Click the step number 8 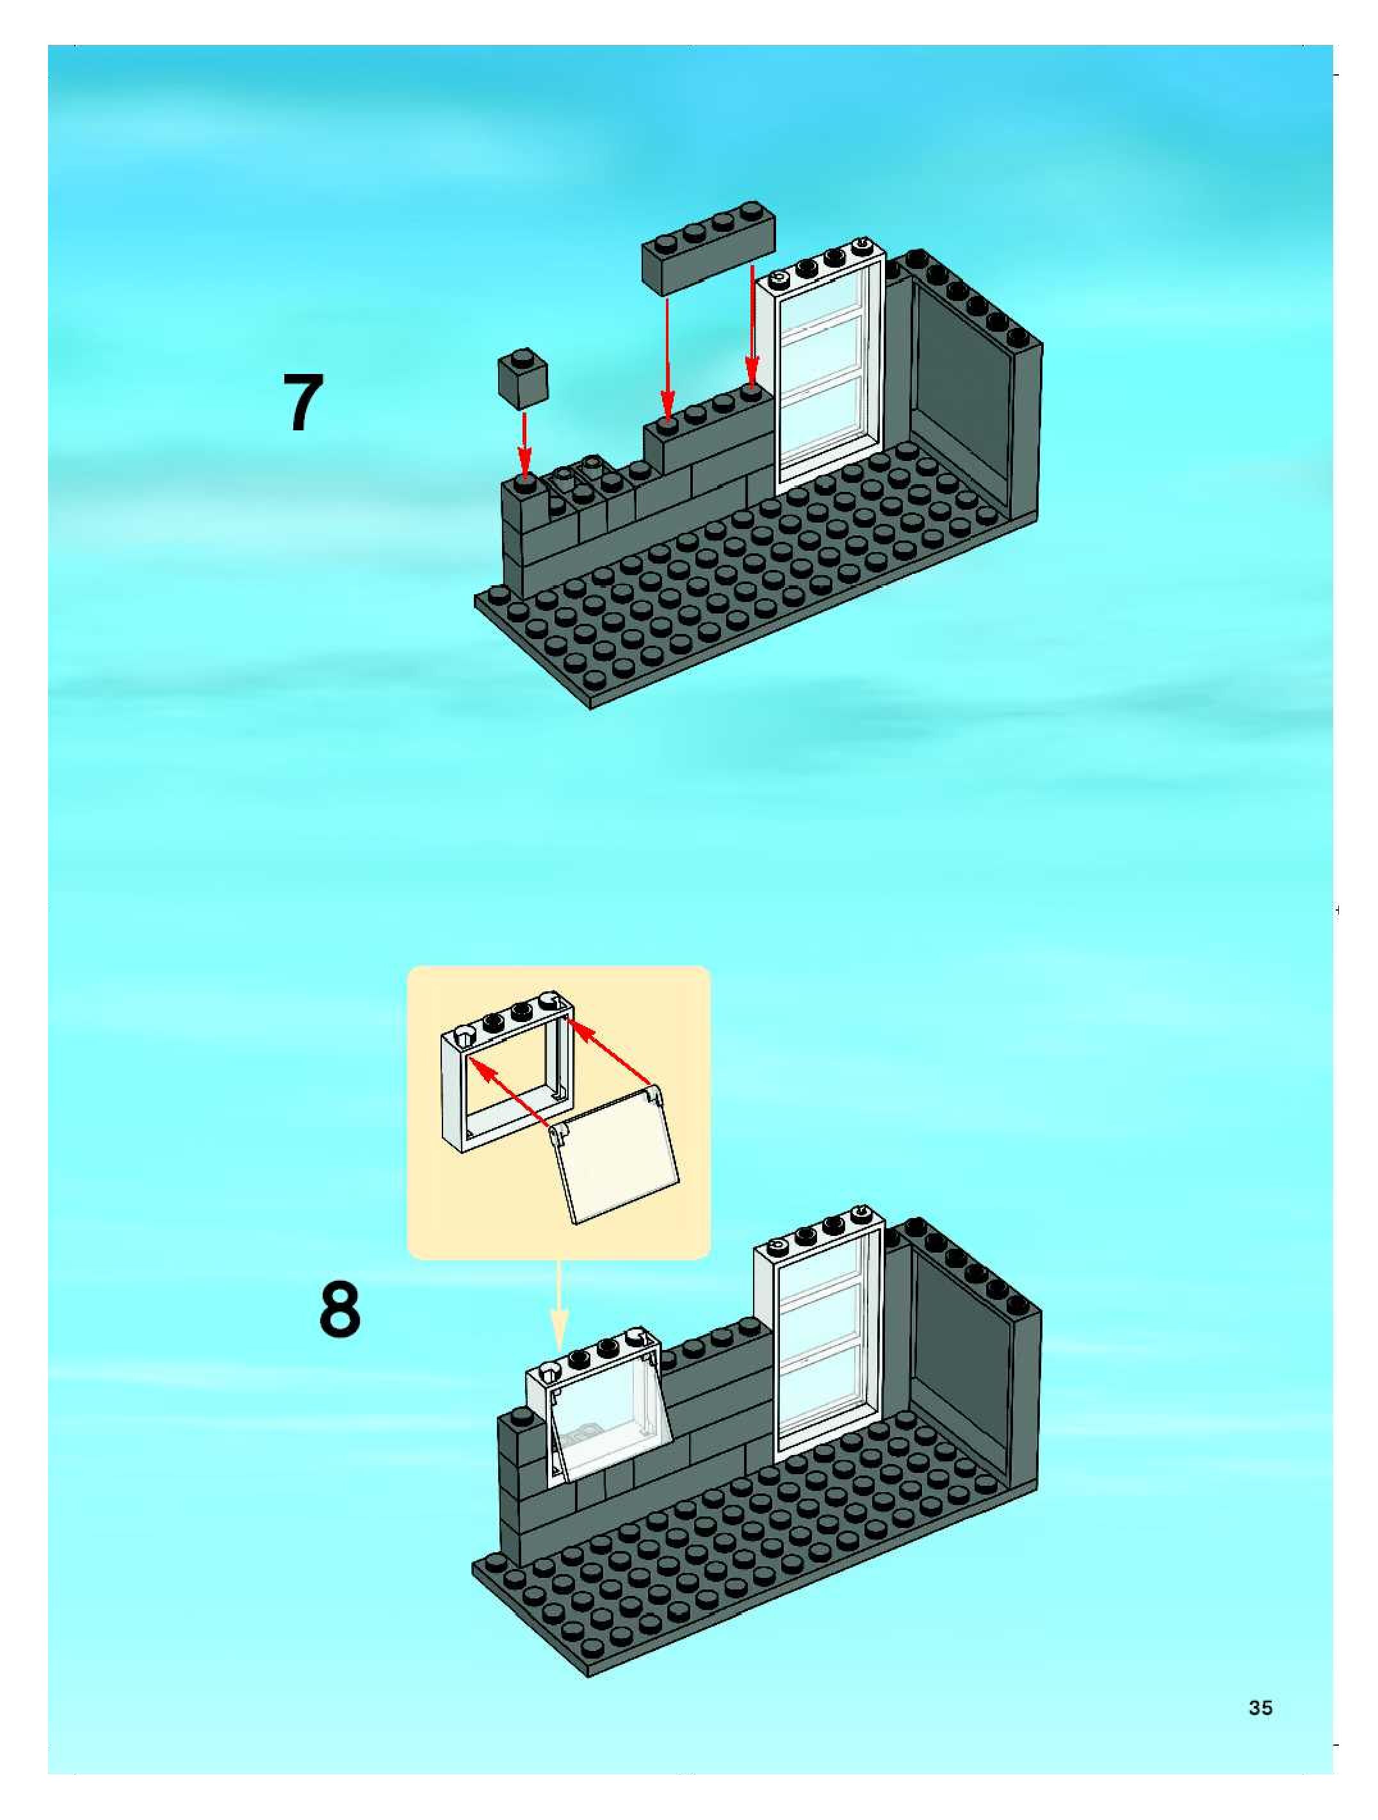point(339,1310)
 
